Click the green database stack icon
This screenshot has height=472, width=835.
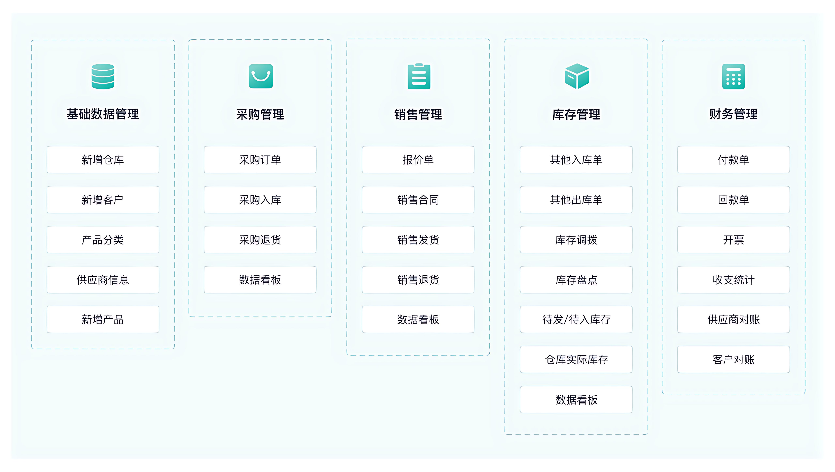[103, 76]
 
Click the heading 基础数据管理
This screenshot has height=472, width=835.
[103, 114]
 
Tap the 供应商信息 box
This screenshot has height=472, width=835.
[103, 280]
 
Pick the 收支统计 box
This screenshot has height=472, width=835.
[734, 280]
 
